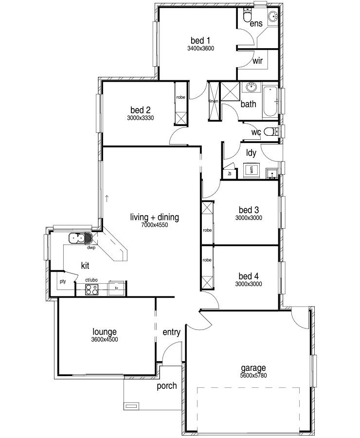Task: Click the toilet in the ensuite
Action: pos(247,15)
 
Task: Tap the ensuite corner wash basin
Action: pos(273,16)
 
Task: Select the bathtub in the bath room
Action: pos(270,101)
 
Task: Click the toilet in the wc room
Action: pos(270,131)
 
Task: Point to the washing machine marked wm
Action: pos(252,170)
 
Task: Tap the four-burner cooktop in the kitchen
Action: pos(92,290)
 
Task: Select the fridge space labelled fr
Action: pos(117,288)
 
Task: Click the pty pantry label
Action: pos(63,281)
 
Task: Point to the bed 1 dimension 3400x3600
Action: pos(200,48)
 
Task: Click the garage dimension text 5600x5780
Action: pos(253,375)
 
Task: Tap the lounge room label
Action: pos(105,331)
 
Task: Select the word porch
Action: pos(167,386)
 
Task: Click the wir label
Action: pos(257,61)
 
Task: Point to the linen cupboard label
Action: pos(214,101)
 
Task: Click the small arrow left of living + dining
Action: pos(107,199)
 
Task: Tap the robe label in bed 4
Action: pos(207,260)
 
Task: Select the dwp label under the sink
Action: pos(91,248)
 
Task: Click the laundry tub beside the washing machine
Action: pos(271,173)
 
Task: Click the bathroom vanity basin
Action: pos(252,87)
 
